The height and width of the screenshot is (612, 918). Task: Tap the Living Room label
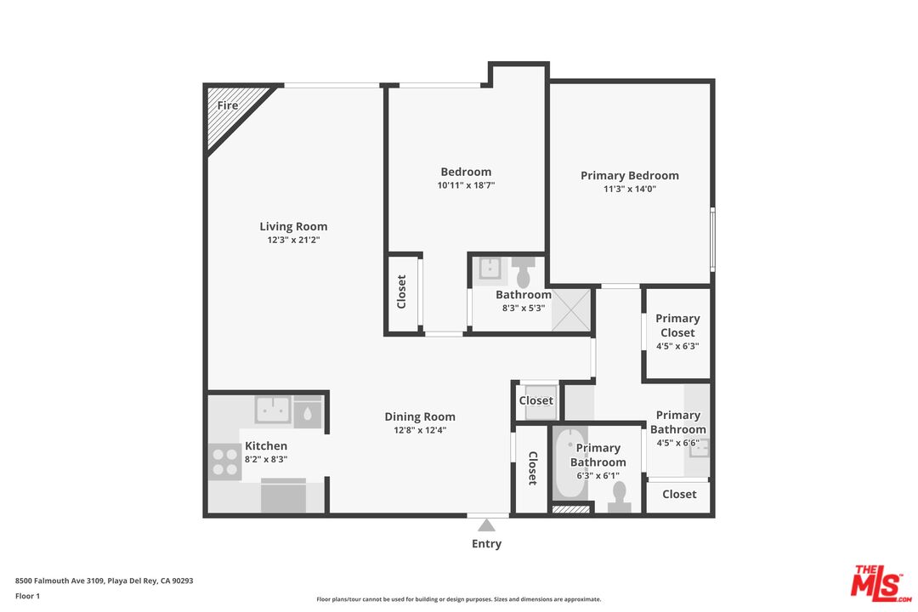[x=293, y=226]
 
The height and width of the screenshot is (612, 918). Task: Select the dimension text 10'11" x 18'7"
[x=465, y=184]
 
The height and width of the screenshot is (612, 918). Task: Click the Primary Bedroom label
[x=630, y=175]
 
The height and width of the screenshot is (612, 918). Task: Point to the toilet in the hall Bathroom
[x=523, y=274]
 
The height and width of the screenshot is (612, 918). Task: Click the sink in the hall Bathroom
[x=490, y=269]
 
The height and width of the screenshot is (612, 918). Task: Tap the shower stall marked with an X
[x=571, y=309]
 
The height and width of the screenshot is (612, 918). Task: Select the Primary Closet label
[x=677, y=326]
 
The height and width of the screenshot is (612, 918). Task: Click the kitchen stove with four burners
[x=225, y=462]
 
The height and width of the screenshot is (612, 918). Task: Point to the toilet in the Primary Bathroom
[x=620, y=496]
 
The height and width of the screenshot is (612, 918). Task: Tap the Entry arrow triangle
[x=487, y=525]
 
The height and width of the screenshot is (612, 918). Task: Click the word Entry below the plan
[x=487, y=544]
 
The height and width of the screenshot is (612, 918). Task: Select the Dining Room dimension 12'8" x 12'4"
[x=420, y=430]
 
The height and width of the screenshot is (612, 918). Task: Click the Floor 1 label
[x=27, y=596]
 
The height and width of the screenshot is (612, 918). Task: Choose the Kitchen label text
[x=266, y=445]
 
